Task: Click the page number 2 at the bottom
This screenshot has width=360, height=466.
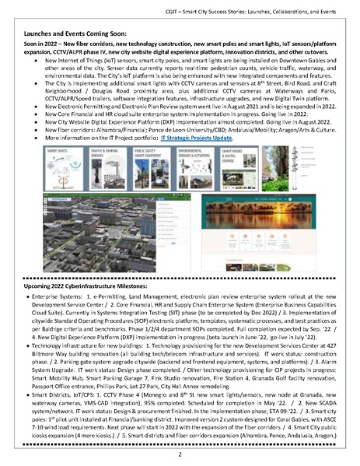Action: click(180, 454)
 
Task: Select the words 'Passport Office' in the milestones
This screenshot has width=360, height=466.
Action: click(68, 377)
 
